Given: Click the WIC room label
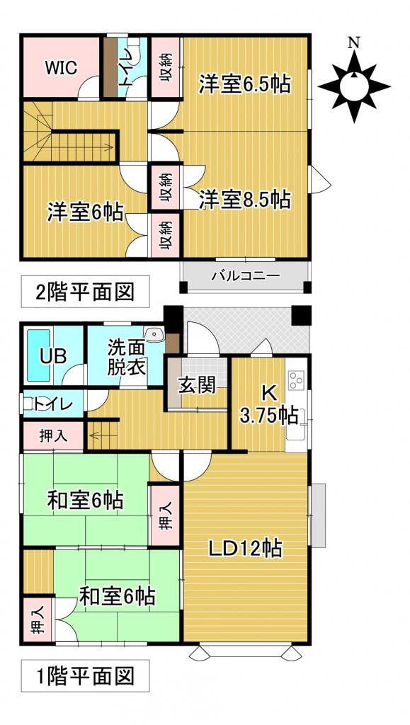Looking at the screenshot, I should (x=60, y=69).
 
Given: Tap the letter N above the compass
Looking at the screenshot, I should (x=353, y=42).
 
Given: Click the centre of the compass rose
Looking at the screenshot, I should (x=353, y=86).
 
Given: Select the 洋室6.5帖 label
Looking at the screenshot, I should (x=244, y=84).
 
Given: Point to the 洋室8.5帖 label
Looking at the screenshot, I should (x=244, y=200).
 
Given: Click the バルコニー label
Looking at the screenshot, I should (x=245, y=276).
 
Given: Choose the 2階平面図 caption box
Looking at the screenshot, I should (x=85, y=290).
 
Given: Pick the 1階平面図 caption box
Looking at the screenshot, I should (x=85, y=676).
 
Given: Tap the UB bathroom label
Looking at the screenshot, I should (x=53, y=356).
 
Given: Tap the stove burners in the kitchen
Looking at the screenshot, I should (x=296, y=381).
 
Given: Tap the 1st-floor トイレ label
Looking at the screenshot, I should (x=53, y=404).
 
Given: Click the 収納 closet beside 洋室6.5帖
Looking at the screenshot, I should (x=164, y=68).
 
